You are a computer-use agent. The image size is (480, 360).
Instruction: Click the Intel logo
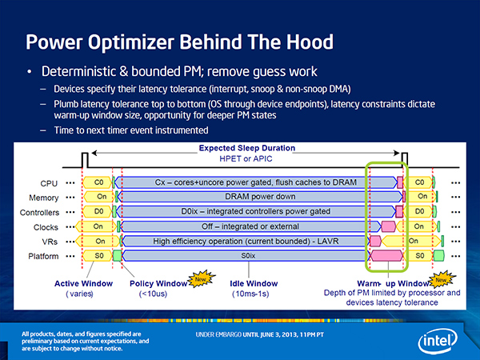point(438,341)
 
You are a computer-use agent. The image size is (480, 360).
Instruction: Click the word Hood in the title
point(310,42)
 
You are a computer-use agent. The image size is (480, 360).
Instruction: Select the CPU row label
point(49,183)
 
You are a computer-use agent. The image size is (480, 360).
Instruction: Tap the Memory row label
point(43,198)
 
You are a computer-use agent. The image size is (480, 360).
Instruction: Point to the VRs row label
point(50,242)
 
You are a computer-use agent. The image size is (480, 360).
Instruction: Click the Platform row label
point(43,256)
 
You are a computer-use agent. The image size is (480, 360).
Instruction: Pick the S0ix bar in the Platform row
point(246,256)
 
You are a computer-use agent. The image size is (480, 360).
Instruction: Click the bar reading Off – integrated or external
point(250,226)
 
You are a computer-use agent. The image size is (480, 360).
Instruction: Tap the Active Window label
point(83,283)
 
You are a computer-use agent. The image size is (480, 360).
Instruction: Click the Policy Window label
point(158,283)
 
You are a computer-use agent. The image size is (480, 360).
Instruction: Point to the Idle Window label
point(254,283)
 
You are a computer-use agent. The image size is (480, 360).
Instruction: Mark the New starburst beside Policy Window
point(201,279)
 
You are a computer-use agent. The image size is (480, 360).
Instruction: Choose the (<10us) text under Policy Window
point(153,294)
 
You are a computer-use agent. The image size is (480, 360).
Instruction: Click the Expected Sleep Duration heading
point(247,148)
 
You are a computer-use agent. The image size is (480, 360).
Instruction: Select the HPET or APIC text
point(246,159)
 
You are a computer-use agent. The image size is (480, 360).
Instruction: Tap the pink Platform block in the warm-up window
point(386,256)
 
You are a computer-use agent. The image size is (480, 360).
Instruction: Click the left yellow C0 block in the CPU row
point(98,182)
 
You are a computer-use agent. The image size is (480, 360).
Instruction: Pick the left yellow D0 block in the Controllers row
point(98,211)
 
